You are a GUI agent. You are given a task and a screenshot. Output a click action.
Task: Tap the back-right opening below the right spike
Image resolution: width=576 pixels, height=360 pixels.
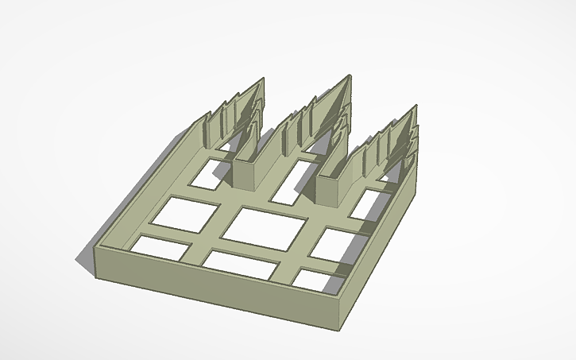[x=367, y=204]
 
